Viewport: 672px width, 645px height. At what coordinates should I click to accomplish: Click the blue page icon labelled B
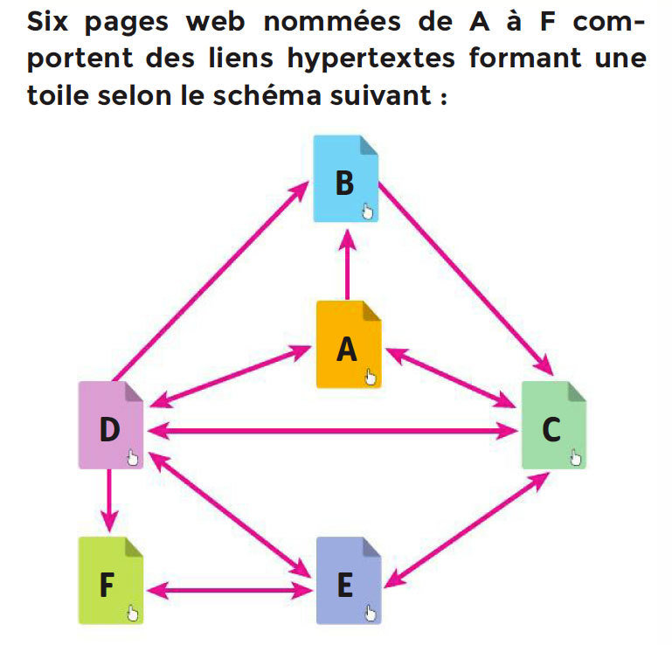(346, 179)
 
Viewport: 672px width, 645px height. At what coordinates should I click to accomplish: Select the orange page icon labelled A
(349, 344)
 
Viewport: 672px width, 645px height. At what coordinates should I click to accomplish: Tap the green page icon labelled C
(553, 426)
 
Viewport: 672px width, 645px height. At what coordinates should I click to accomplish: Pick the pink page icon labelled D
(110, 426)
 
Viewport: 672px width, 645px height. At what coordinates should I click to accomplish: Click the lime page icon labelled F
(110, 581)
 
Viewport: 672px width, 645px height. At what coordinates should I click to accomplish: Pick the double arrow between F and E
(228, 591)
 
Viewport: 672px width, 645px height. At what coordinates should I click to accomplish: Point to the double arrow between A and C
(451, 378)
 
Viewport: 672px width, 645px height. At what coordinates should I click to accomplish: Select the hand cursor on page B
(368, 210)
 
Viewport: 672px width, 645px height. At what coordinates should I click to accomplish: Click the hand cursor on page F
(132, 612)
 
